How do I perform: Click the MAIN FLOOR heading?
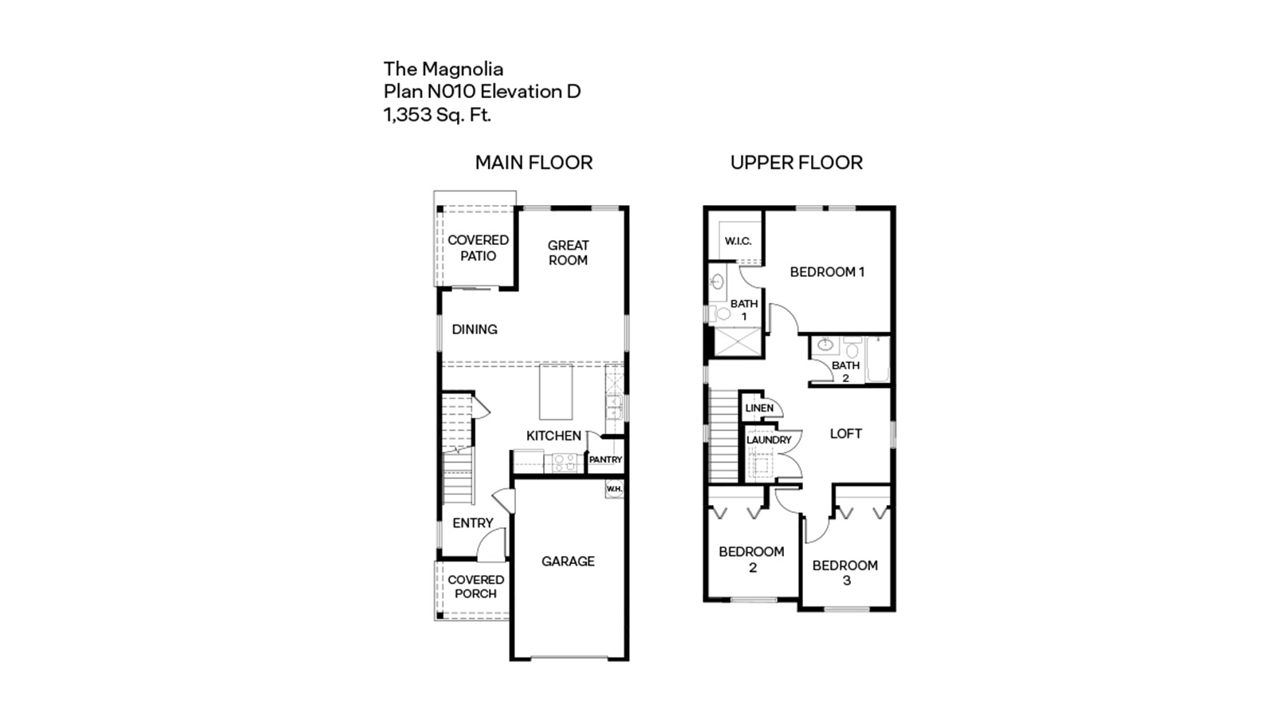pyautogui.click(x=534, y=163)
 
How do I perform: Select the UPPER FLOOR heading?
pyautogui.click(x=796, y=163)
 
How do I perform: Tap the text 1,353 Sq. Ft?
pyautogui.click(x=437, y=115)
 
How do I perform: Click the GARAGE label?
pyautogui.click(x=568, y=562)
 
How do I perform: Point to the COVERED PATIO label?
pyautogui.click(x=478, y=248)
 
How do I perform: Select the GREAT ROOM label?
pyautogui.click(x=568, y=253)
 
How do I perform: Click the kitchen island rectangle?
pyautogui.click(x=556, y=392)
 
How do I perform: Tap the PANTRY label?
pyautogui.click(x=605, y=460)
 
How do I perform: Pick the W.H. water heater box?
pyautogui.click(x=614, y=489)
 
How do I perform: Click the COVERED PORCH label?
pyautogui.click(x=475, y=586)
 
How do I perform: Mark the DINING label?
pyautogui.click(x=475, y=329)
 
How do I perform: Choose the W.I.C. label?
pyautogui.click(x=738, y=241)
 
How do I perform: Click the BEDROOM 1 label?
pyautogui.click(x=827, y=272)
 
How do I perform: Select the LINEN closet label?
pyautogui.click(x=758, y=408)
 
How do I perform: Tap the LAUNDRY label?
pyautogui.click(x=769, y=440)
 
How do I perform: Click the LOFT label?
pyautogui.click(x=845, y=434)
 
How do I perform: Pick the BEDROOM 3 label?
pyautogui.click(x=845, y=573)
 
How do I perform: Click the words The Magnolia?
pyautogui.click(x=443, y=69)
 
